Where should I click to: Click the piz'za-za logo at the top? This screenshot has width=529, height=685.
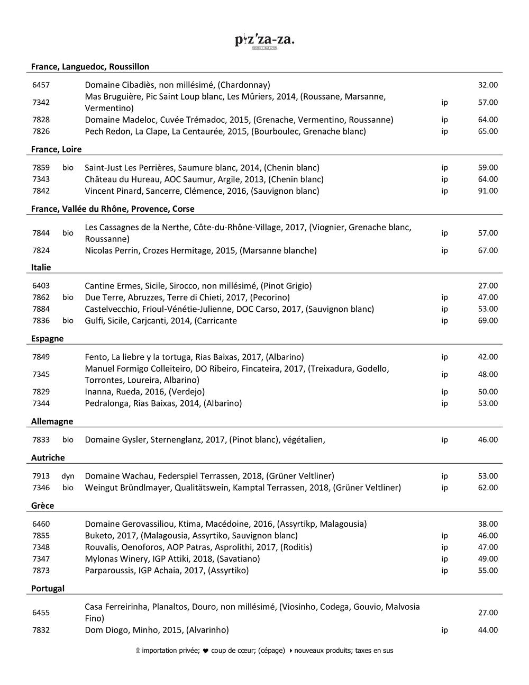tap(264, 41)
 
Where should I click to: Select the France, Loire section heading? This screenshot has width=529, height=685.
tap(56, 149)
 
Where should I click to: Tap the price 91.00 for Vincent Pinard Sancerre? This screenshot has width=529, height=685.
tap(487, 191)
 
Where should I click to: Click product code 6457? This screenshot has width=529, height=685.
tap(41, 85)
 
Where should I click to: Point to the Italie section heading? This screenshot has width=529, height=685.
tap(41, 267)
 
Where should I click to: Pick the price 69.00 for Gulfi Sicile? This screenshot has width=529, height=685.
tap(487, 321)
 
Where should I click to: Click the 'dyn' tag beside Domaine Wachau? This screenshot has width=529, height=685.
tap(68, 476)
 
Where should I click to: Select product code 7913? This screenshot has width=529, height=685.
tap(41, 476)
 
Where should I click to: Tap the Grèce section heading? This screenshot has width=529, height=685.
tap(42, 506)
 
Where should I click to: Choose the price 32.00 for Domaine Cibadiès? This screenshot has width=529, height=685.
tap(487, 85)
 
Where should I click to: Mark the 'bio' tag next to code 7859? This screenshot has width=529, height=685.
tap(68, 168)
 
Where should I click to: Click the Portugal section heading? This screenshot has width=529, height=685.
tap(48, 589)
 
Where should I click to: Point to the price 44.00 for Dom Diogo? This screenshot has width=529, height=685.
tap(487, 630)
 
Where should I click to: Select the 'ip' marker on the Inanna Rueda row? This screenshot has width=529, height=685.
tap(444, 392)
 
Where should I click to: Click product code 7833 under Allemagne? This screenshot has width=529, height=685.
tap(41, 440)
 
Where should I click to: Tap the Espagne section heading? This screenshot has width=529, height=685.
tap(47, 339)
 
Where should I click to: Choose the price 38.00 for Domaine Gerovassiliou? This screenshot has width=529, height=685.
tap(487, 524)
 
